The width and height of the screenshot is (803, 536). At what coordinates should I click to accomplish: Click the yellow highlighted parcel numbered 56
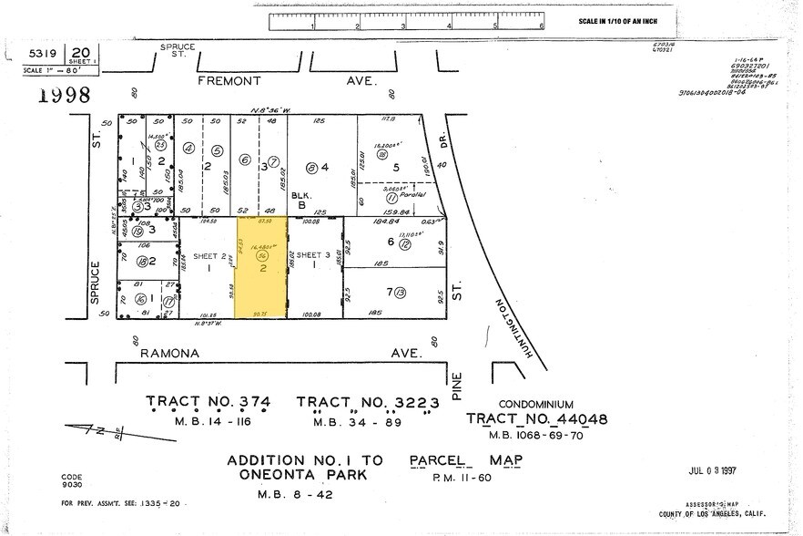(x=261, y=268)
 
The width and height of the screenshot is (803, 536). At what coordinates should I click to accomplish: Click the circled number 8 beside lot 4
(x=311, y=167)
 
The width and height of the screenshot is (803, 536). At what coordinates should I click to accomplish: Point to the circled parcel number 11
(x=391, y=196)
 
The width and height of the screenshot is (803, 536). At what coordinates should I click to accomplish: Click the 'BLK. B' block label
(x=301, y=200)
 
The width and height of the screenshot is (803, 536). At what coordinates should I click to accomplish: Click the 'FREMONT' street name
(x=229, y=80)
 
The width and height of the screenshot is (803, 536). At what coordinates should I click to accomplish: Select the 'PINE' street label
(x=458, y=383)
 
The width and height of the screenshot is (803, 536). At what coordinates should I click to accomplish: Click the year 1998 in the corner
(x=64, y=95)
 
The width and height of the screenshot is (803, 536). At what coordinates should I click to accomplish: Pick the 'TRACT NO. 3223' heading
(x=368, y=402)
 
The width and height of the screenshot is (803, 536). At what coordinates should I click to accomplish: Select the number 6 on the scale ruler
(x=541, y=26)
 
